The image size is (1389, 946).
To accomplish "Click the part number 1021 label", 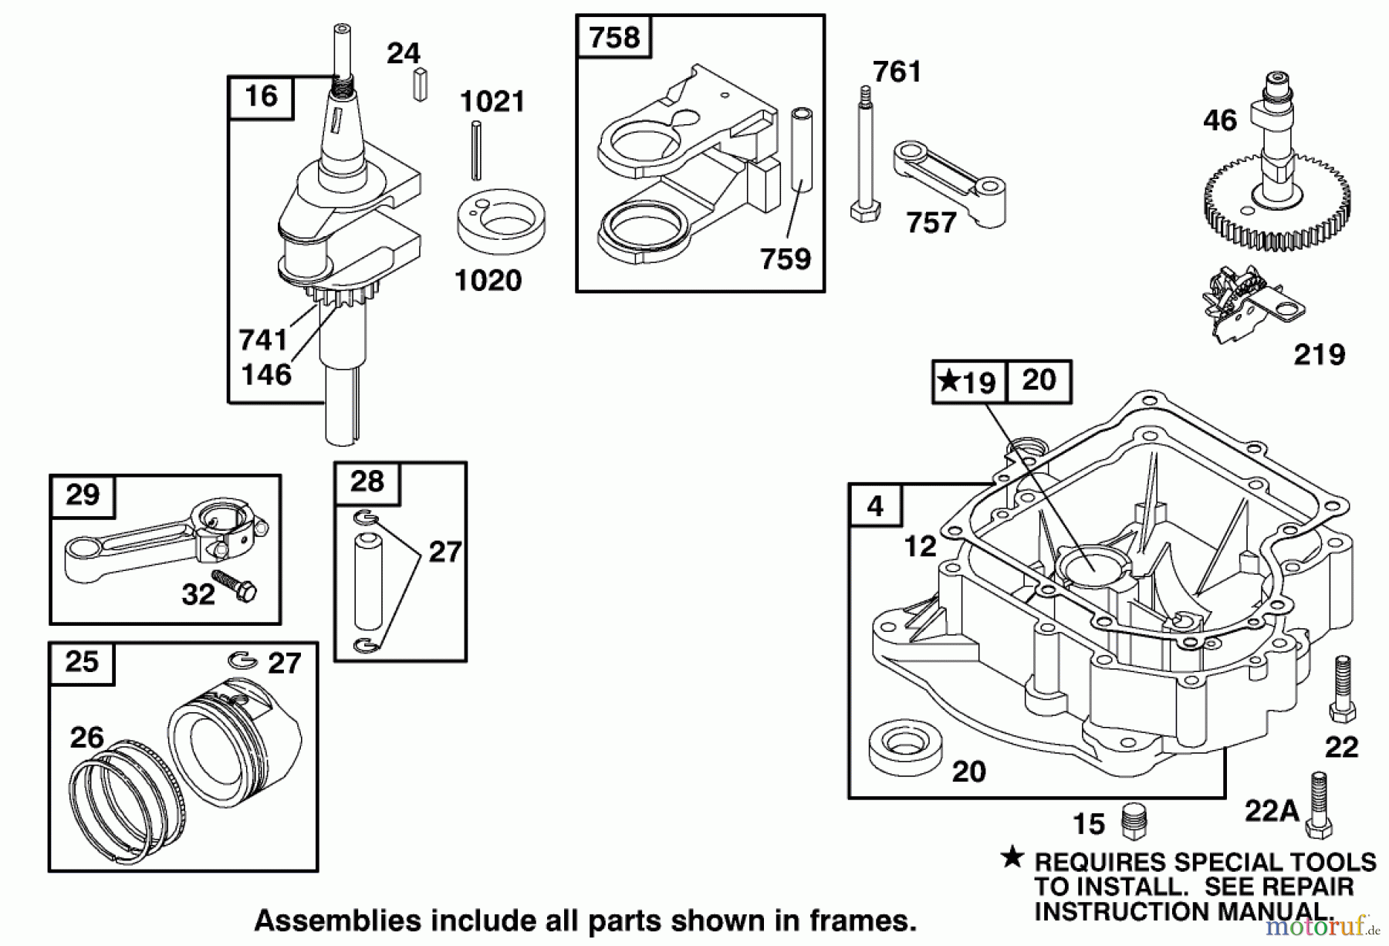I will click(492, 102).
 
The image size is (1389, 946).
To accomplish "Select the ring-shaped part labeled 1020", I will click(501, 221).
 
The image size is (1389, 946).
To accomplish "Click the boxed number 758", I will click(614, 37).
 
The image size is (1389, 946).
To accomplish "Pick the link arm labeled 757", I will click(949, 183).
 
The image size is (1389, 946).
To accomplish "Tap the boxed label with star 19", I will click(968, 382).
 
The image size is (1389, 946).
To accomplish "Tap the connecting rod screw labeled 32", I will click(235, 586).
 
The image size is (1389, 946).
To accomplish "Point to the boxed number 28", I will click(367, 482).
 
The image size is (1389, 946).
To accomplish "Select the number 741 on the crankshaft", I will click(262, 340).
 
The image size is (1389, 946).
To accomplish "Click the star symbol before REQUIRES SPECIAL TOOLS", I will click(1012, 857).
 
